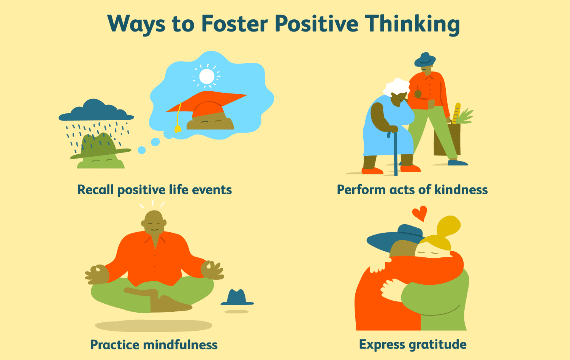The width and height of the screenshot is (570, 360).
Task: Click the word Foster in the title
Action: click(234, 24)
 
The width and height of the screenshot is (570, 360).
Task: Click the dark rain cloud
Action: click(96, 110)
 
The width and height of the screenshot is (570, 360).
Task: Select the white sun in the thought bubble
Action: click(207, 76)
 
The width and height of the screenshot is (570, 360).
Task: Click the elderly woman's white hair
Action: click(396, 87)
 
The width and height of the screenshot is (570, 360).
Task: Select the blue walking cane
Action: click(395, 153)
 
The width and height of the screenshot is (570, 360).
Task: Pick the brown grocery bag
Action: click(447, 139)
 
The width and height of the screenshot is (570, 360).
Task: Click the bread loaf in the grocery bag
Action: click(457, 113)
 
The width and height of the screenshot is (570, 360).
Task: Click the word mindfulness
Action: click(180, 345)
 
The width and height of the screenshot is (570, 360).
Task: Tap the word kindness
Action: click(461, 190)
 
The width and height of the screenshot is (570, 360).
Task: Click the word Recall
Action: click(95, 190)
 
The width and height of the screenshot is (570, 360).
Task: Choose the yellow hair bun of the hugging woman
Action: click(448, 226)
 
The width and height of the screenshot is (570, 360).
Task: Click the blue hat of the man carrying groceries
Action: click(425, 60)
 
